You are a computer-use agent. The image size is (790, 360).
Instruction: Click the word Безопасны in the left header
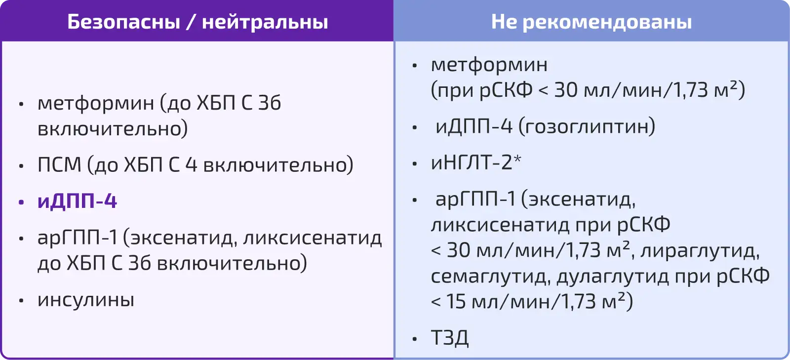tap(124, 22)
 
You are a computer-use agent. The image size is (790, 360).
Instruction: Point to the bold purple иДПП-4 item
tap(77, 201)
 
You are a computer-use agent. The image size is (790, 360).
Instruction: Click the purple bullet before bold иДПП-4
tap(21, 202)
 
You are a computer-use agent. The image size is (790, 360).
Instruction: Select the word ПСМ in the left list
tap(59, 164)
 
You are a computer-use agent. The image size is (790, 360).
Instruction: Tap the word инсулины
tap(86, 300)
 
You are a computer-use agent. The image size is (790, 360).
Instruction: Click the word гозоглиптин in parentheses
tap(587, 127)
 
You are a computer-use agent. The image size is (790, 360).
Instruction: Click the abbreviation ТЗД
tap(450, 338)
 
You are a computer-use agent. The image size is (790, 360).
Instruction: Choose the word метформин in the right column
tap(489, 65)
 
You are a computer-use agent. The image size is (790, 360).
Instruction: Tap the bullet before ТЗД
tap(415, 339)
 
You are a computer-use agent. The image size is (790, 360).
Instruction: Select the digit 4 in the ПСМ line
tap(191, 164)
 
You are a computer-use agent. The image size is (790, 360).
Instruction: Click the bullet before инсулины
tap(21, 301)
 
